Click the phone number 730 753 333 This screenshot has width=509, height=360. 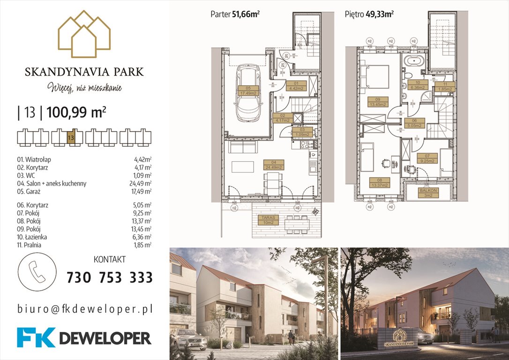(110, 277)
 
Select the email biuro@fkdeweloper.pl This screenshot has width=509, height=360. (85, 309)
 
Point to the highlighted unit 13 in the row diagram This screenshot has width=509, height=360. (71, 138)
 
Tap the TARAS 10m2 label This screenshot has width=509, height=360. (267, 220)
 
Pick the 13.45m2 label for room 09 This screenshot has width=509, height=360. (378, 102)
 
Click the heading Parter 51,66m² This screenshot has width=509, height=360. (235, 14)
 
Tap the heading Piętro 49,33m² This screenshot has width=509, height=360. (369, 14)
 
